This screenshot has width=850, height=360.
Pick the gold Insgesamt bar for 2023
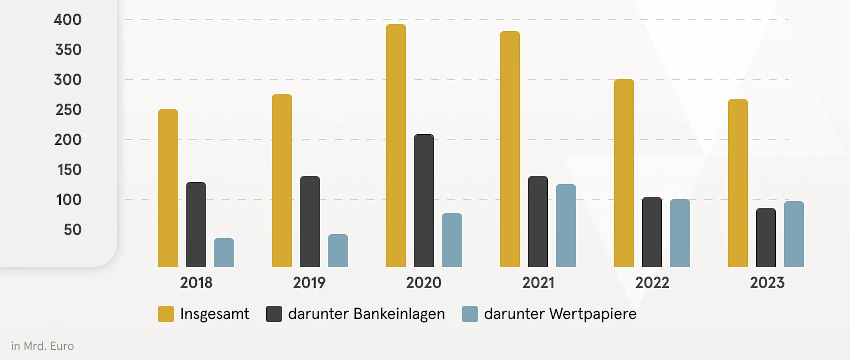pyautogui.click(x=738, y=183)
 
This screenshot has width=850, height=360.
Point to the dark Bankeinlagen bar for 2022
pyautogui.click(x=652, y=232)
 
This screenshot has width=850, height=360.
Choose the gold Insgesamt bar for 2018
pyautogui.click(x=168, y=188)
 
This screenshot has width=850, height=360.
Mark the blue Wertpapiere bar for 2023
pyautogui.click(x=794, y=234)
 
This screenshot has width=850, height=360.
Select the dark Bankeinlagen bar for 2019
pyautogui.click(x=310, y=222)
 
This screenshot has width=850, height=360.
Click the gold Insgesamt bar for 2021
pyautogui.click(x=510, y=149)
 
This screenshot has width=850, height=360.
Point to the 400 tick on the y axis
pyautogui.click(x=67, y=20)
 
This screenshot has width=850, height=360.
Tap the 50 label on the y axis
pyautogui.click(x=72, y=229)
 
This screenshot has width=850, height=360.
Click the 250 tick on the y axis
pyautogui.click(x=68, y=110)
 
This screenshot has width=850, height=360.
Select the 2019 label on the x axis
pyautogui.click(x=309, y=283)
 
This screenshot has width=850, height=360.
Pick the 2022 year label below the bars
pyautogui.click(x=652, y=283)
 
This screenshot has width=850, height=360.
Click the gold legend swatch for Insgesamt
pyautogui.click(x=166, y=314)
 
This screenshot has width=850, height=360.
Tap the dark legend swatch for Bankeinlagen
pyautogui.click(x=274, y=314)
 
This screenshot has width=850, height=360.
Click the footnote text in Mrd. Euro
pyautogui.click(x=43, y=346)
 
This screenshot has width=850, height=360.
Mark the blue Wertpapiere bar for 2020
pyautogui.click(x=452, y=240)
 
